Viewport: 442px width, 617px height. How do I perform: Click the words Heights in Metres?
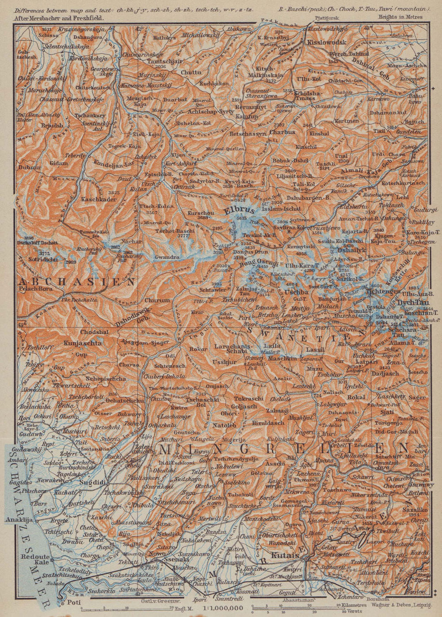(x=400, y=17)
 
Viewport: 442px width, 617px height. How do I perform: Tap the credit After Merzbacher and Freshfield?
(x=58, y=19)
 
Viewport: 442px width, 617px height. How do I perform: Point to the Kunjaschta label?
(x=83, y=342)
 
